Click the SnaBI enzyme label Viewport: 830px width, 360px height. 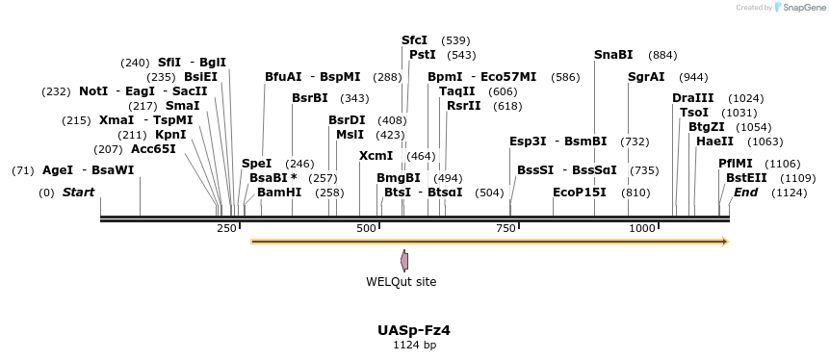(613, 55)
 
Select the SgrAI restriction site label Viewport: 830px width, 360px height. (646, 77)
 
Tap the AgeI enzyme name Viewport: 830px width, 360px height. (58, 170)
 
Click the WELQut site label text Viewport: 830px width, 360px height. (401, 282)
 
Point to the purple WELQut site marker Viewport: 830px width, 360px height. (404, 260)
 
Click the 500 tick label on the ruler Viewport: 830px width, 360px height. (367, 228)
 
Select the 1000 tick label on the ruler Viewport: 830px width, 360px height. (642, 228)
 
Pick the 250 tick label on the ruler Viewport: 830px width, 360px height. (226, 228)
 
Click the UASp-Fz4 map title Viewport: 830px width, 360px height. (414, 330)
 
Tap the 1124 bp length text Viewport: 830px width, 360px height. (414, 345)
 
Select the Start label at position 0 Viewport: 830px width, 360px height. (78, 193)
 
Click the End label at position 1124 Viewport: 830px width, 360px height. (745, 193)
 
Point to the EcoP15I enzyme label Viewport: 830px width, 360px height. (580, 193)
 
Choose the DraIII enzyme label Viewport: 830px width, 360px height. (693, 98)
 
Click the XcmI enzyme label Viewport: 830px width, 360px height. (376, 156)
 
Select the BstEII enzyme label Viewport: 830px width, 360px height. (746, 178)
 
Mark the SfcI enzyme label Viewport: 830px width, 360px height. (414, 40)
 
